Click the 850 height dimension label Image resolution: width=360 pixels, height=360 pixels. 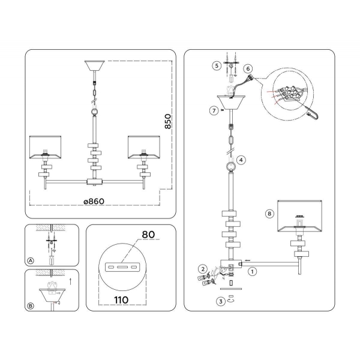click(x=168, y=122)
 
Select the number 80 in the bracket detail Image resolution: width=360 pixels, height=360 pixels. click(x=148, y=234)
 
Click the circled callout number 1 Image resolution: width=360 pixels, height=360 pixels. click(x=253, y=271)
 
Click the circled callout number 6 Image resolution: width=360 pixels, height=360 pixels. click(x=248, y=69)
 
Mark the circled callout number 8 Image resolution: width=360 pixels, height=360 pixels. click(x=270, y=213)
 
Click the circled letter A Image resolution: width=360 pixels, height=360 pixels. click(x=31, y=260)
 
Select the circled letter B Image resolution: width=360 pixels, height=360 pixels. click(x=31, y=305)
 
